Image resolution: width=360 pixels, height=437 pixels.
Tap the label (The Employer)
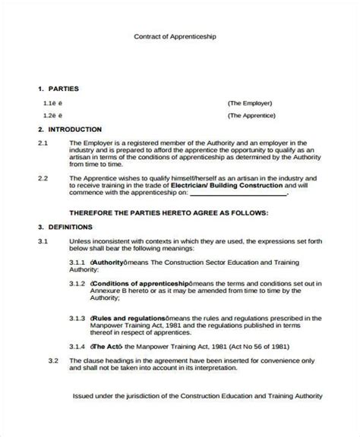pos(250,102)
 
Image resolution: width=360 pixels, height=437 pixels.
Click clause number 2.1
pos(43,142)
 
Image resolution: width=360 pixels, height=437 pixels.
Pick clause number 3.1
pos(43,241)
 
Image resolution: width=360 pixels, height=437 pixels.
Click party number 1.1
pos(49,102)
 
